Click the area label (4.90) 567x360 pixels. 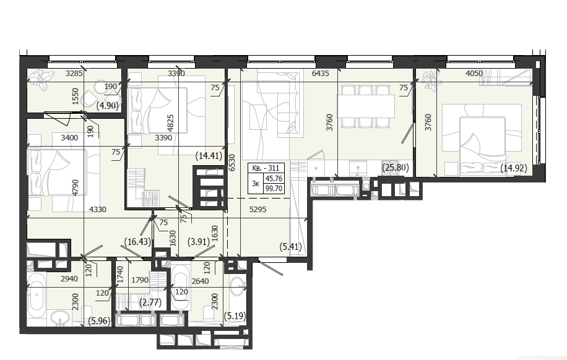[x=108, y=106]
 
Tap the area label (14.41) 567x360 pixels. [x=209, y=156]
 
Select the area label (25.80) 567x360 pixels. [x=396, y=168]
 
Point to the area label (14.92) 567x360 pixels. [x=514, y=168]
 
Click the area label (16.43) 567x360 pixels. [x=137, y=241]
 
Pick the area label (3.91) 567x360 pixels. [x=199, y=241]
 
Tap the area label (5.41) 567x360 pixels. [x=291, y=247]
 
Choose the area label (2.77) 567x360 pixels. [x=150, y=302]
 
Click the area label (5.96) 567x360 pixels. [x=99, y=320]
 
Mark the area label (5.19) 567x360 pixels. [x=235, y=316]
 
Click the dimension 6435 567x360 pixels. [x=321, y=74]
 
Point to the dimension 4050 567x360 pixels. [x=474, y=74]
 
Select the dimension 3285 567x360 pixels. [x=74, y=74]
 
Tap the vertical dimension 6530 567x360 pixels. [x=232, y=163]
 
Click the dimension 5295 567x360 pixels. [x=258, y=209]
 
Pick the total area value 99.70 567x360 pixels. [x=274, y=188]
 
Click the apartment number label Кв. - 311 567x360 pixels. [x=266, y=168]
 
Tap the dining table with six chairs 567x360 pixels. [x=365, y=106]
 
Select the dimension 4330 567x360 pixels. [x=98, y=209]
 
